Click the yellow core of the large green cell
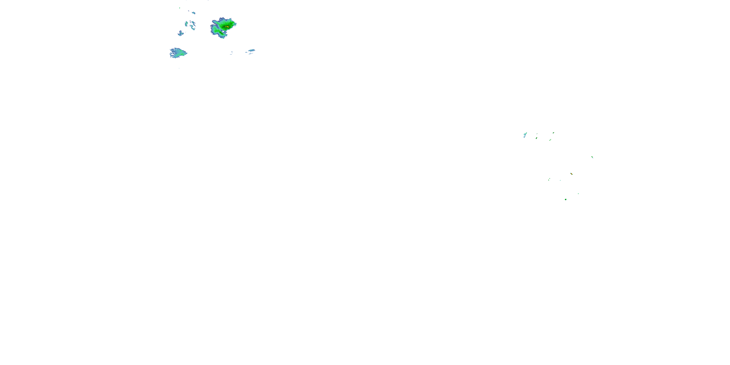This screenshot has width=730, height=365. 227,27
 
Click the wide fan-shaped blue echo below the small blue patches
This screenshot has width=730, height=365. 178,53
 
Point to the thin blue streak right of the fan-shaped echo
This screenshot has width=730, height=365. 251,51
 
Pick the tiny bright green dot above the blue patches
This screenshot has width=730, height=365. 180,8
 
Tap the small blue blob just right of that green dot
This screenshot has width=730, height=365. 193,13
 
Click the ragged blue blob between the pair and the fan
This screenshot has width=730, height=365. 181,33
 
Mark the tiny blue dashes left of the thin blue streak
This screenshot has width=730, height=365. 231,53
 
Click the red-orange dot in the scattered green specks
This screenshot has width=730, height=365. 571,173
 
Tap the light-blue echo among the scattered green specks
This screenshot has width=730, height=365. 525,135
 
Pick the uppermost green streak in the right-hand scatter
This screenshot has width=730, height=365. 553,133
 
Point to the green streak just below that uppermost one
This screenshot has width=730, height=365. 550,140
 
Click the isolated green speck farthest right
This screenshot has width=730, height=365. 592,157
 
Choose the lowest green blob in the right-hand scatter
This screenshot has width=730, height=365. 566,200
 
